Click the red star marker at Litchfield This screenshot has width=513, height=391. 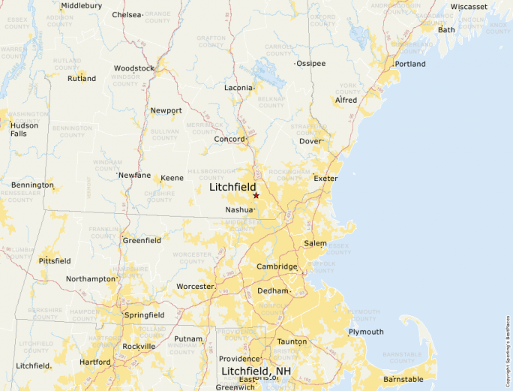tap(256, 195)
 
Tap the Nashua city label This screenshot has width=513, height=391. tap(238, 210)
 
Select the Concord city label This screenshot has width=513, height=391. tap(229, 139)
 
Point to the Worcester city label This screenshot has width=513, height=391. tap(195, 287)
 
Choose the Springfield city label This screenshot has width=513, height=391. tap(145, 314)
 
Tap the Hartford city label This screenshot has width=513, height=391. tap(94, 362)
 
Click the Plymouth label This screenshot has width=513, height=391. tap(366, 332)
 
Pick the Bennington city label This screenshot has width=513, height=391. tap(32, 185)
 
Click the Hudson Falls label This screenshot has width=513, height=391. tap(24, 129)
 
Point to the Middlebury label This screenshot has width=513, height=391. tap(81, 5)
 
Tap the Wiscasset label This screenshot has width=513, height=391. tap(469, 7)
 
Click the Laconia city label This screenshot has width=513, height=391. tap(238, 88)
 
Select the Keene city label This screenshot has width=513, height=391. tap(172, 178)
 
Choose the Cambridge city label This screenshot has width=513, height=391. tap(277, 266)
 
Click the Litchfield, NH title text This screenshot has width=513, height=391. tap(255, 371)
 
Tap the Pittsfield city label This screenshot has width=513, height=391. tap(55, 260)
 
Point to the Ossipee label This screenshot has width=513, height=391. tap(311, 64)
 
